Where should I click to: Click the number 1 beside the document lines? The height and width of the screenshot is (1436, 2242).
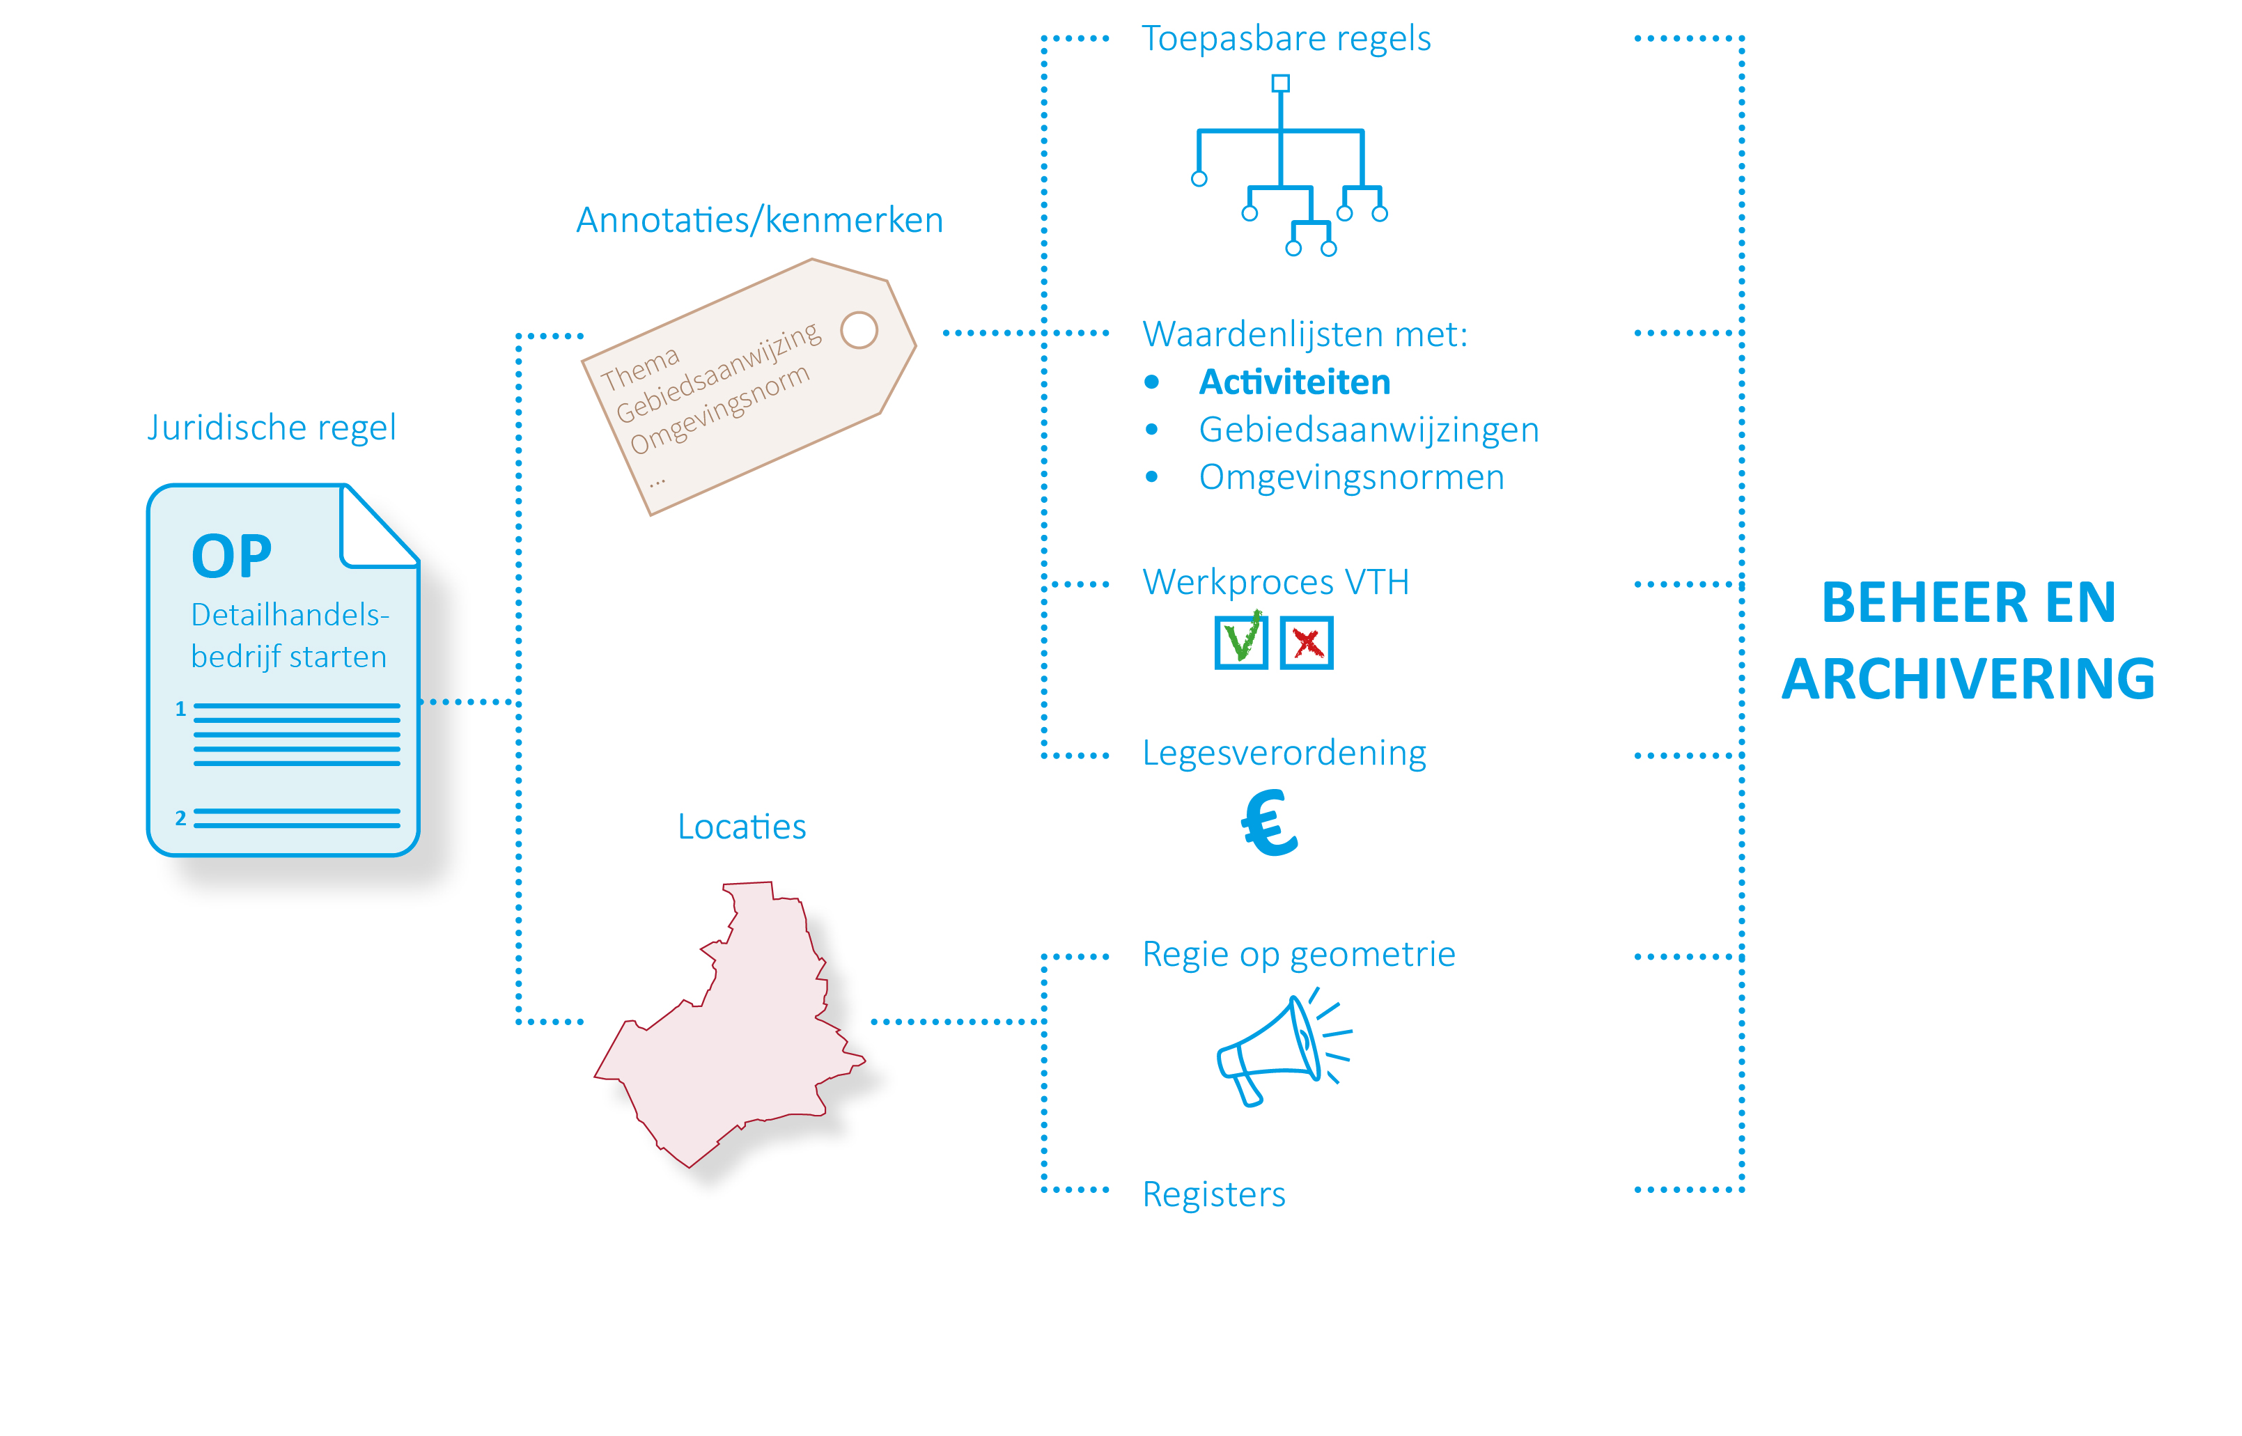pyautogui.click(x=181, y=709)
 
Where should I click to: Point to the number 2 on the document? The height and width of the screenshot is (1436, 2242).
pyautogui.click(x=181, y=818)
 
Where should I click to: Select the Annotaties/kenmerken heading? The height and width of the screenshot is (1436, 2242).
pyautogui.click(x=759, y=220)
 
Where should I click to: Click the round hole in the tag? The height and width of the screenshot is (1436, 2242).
pyautogui.click(x=859, y=330)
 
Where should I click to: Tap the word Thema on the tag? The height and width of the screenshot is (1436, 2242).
pyautogui.click(x=640, y=368)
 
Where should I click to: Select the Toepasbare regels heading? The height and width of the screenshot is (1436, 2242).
pyautogui.click(x=1285, y=38)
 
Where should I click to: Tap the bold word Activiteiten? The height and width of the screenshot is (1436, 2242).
pyautogui.click(x=1295, y=382)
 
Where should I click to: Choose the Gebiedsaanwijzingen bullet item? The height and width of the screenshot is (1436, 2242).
pyautogui.click(x=1368, y=430)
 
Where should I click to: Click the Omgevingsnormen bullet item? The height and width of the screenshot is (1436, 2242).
pyautogui.click(x=1350, y=478)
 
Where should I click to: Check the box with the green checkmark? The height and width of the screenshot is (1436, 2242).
pyautogui.click(x=1240, y=641)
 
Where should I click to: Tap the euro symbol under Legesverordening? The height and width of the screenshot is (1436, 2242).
pyautogui.click(x=1268, y=822)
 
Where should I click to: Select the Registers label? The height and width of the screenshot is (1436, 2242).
pyautogui.click(x=1213, y=1194)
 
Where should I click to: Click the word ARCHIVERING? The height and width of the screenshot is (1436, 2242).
pyautogui.click(x=1968, y=679)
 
